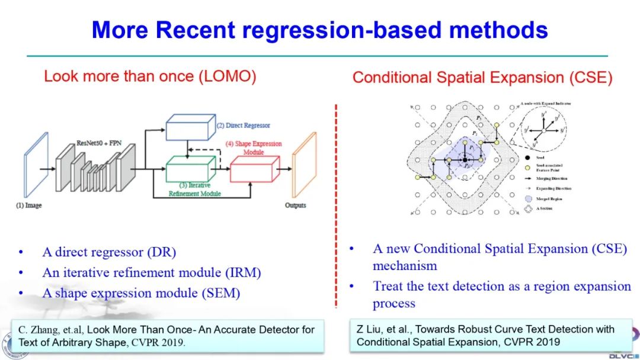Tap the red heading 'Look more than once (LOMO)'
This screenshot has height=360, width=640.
point(150,76)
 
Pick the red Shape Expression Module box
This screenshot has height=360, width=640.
point(254,168)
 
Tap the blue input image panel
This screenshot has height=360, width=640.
point(36,164)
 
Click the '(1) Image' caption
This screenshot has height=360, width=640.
point(29,205)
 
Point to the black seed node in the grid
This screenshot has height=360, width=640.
point(466,159)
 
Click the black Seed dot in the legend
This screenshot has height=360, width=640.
point(527,158)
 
